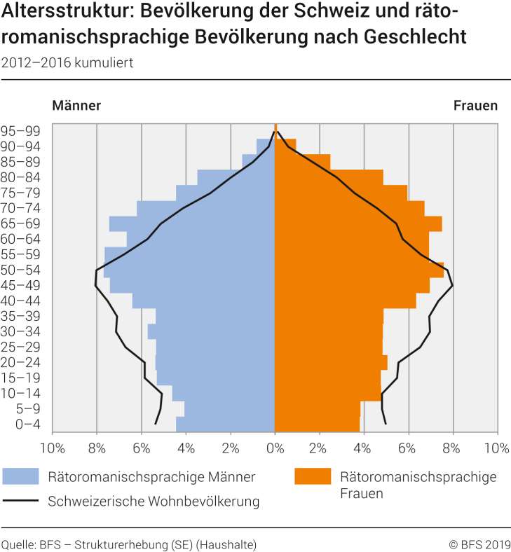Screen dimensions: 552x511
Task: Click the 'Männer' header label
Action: click(76, 106)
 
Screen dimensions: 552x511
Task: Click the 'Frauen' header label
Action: click(475, 106)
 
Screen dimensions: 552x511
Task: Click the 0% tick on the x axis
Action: click(275, 447)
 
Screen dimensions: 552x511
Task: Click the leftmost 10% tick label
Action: click(53, 447)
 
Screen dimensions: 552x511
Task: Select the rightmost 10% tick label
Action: click(497, 447)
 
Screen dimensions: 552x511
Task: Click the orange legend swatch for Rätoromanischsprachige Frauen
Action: click(312, 477)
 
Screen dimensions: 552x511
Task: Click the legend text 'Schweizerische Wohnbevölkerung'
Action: click(154, 501)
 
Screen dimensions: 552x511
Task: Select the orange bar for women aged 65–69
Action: click(357, 223)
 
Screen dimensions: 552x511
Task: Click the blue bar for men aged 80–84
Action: click(236, 177)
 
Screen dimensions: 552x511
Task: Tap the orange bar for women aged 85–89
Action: click(302, 162)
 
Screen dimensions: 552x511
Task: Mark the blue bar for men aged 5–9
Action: click(229, 408)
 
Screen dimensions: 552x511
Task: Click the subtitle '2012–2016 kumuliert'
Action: click(67, 62)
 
